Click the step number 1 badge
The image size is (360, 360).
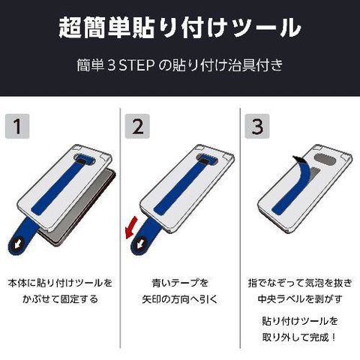coord(17,126)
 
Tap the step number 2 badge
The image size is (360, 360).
coord(137,126)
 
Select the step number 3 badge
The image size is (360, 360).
coord(257,126)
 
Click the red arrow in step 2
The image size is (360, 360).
coord(131,227)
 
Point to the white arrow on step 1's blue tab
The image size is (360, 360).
coord(17,245)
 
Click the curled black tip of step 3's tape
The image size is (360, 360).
coord(297,159)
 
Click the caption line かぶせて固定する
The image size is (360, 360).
coord(60,299)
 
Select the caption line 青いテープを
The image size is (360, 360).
coord(180,283)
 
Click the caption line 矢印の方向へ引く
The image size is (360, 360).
coord(180,299)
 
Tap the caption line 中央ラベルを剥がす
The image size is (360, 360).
coord(300,299)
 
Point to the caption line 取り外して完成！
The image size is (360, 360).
coord(300,337)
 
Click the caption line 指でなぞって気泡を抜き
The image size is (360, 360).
coord(300,283)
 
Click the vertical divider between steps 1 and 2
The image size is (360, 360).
coord(120,228)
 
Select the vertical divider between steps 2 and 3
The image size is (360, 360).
coord(240,228)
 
